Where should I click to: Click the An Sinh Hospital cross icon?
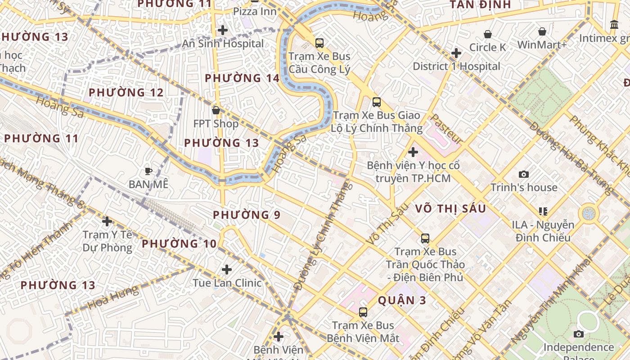click(x=222, y=30)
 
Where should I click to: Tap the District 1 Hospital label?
click(x=456, y=66)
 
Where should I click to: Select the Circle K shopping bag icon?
click(x=487, y=34)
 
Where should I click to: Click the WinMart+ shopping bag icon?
click(x=542, y=31)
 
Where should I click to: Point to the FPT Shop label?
click(x=216, y=123)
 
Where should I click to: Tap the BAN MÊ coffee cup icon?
click(x=148, y=171)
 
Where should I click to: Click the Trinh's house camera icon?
click(x=523, y=174)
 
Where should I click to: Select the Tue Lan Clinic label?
click(x=227, y=283)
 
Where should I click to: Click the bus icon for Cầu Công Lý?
click(x=319, y=43)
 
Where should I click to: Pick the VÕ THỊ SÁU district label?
click(x=450, y=208)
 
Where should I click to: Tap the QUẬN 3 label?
click(x=402, y=300)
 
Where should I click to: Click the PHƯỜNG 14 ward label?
click(x=242, y=78)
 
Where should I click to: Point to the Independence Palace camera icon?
click(x=579, y=334)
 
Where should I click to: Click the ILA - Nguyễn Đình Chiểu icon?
click(x=543, y=211)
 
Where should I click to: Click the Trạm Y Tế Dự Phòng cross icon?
click(x=107, y=221)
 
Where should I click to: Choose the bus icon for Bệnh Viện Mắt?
click(x=363, y=312)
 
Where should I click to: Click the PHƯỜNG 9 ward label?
click(x=247, y=215)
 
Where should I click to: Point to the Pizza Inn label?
click(x=255, y=11)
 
